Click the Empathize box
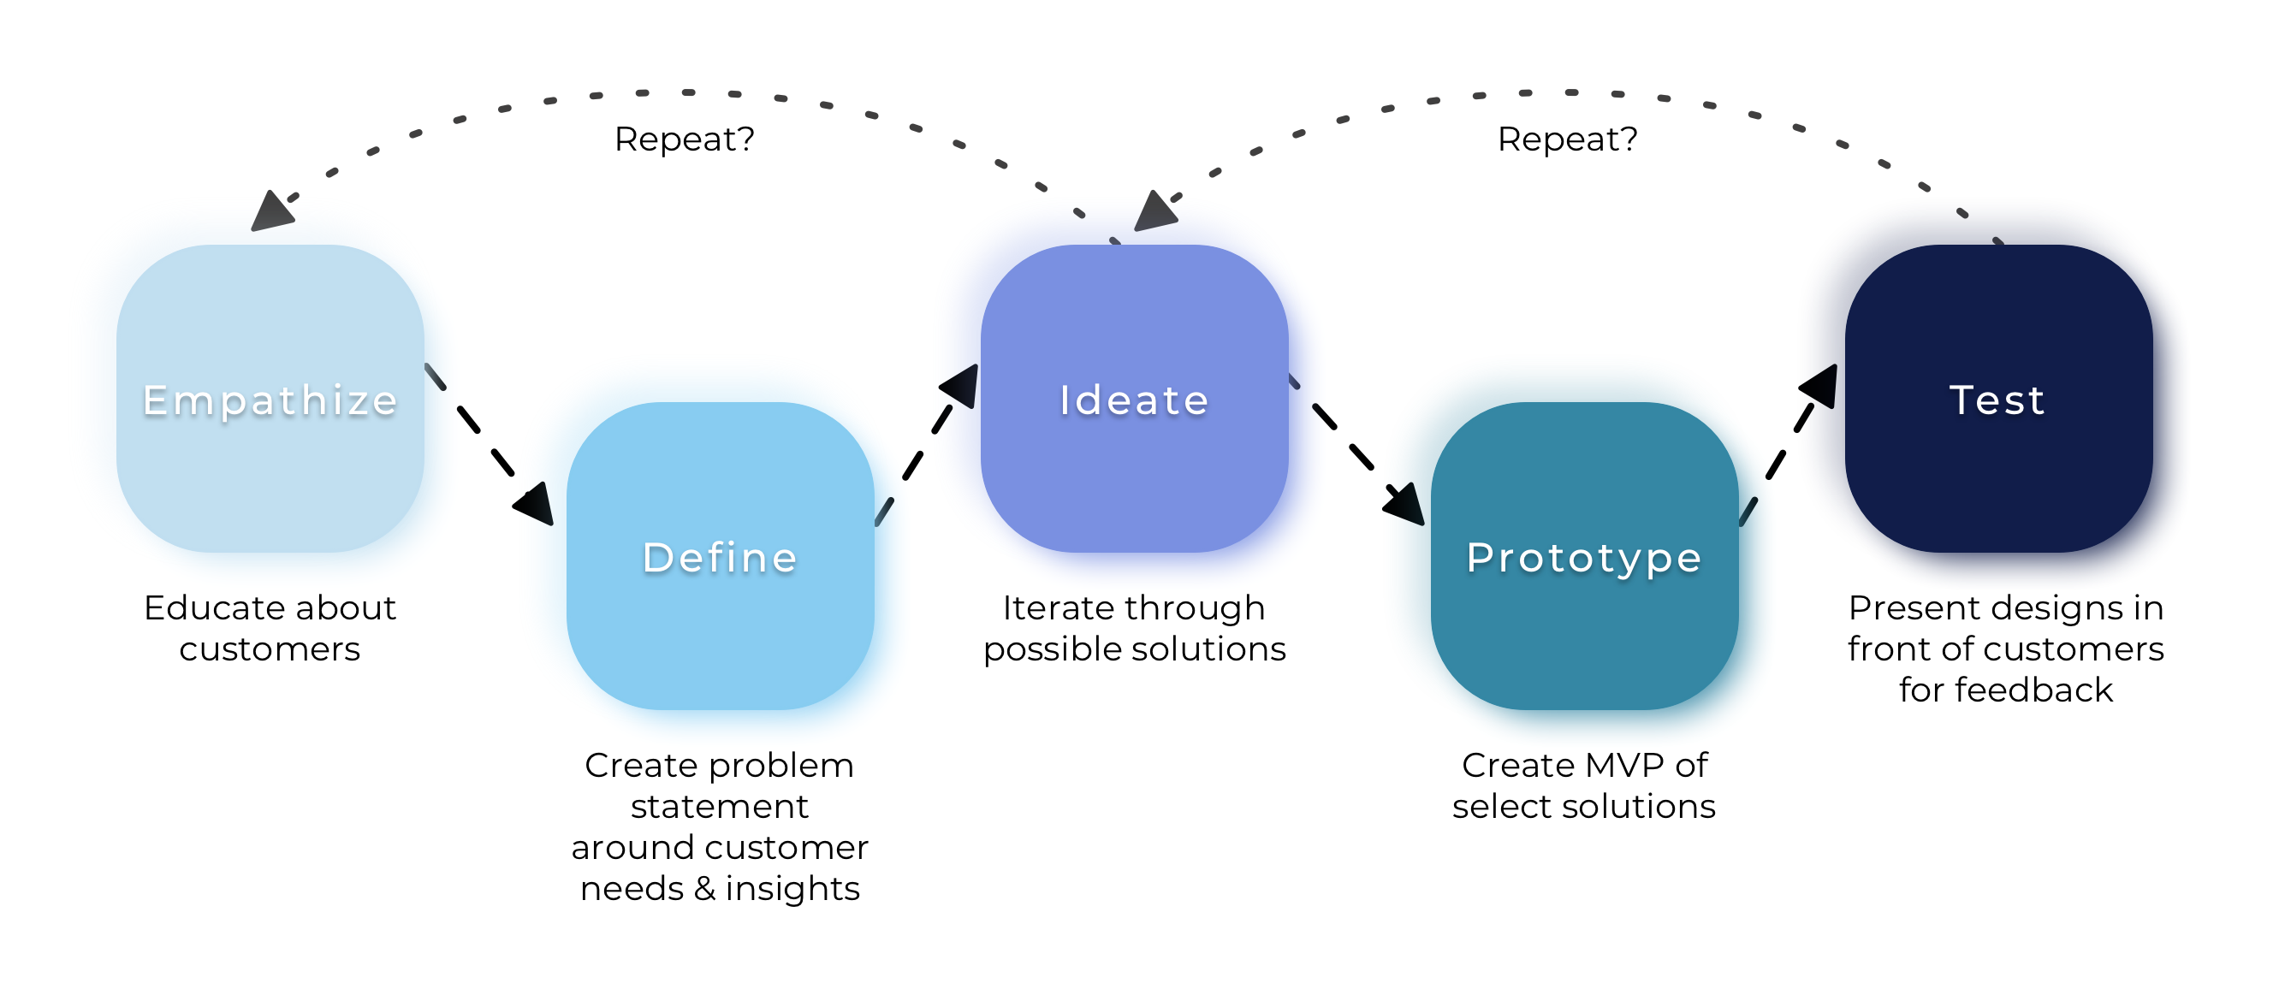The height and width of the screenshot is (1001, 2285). click(270, 399)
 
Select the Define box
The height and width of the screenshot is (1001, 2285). click(720, 556)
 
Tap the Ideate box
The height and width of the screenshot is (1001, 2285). click(1134, 399)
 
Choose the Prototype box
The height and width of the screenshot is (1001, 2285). click(1584, 556)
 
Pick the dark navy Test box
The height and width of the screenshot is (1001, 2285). click(1997, 399)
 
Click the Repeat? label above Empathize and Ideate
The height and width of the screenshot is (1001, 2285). click(684, 139)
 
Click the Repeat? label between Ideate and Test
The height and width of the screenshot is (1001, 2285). click(1567, 139)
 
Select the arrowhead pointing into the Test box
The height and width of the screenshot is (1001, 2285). click(1819, 386)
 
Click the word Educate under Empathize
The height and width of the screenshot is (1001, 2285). click(214, 608)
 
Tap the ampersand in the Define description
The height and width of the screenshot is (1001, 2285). click(704, 888)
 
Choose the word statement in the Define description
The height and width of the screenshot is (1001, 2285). click(720, 807)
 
